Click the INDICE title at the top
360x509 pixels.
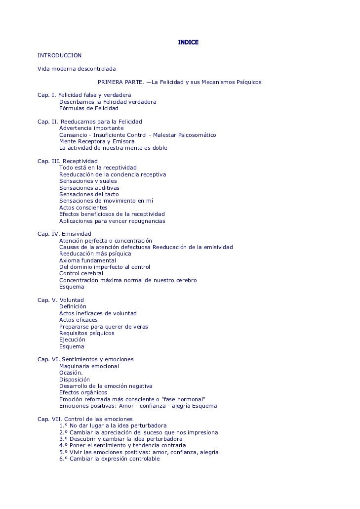pyautogui.click(x=188, y=42)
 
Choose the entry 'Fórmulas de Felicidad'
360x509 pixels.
pyautogui.click(x=89, y=108)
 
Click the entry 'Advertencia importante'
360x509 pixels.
pyautogui.click(x=91, y=128)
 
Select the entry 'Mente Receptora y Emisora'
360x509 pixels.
pyautogui.click(x=97, y=141)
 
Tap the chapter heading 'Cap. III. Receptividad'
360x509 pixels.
pyautogui.click(x=68, y=161)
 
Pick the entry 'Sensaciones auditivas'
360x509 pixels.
pyautogui.click(x=89, y=188)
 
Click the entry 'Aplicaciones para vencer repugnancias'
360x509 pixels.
pyautogui.click(x=112, y=221)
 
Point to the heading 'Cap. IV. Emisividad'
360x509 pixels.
pyautogui.click(x=65, y=234)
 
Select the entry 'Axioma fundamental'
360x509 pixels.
pyautogui.click(x=88, y=260)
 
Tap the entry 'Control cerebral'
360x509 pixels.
pyautogui.click(x=81, y=273)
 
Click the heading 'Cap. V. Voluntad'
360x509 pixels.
pyautogui.click(x=61, y=300)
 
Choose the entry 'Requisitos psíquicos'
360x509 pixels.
pyautogui.click(x=87, y=333)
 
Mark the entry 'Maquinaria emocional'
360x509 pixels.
pyautogui.click(x=89, y=366)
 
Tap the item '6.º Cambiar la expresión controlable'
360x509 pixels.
pyautogui.click(x=110, y=459)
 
